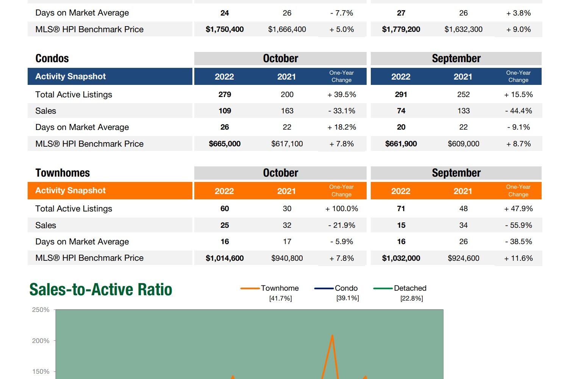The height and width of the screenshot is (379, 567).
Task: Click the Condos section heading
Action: (52, 58)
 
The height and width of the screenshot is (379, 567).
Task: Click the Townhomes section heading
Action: (62, 173)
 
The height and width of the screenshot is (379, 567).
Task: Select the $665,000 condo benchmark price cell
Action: (225, 144)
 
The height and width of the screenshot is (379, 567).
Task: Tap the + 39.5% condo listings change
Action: (342, 95)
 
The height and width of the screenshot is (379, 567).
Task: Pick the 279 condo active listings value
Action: (225, 95)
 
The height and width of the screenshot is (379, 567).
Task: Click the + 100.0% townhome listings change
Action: (342, 209)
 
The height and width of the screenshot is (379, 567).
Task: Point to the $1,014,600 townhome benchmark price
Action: (225, 258)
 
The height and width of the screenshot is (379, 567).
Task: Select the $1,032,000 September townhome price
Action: (401, 258)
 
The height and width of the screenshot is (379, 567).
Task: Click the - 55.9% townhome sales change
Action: (519, 226)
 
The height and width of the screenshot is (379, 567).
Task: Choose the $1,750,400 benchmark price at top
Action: (225, 30)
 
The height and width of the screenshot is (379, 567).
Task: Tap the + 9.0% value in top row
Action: (519, 30)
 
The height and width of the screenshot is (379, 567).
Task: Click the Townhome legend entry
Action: (280, 288)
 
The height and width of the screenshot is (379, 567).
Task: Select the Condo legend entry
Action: (346, 288)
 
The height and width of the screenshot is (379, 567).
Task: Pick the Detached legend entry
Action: (410, 288)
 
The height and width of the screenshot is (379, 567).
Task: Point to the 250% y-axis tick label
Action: (41, 310)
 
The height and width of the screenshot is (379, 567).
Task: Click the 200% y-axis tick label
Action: (41, 341)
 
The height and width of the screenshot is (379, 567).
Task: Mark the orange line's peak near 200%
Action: (332, 335)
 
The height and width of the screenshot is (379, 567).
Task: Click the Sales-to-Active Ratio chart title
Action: (101, 290)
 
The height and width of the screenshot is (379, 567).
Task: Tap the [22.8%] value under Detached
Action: (412, 299)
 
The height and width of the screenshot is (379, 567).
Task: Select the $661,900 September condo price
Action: (401, 144)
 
